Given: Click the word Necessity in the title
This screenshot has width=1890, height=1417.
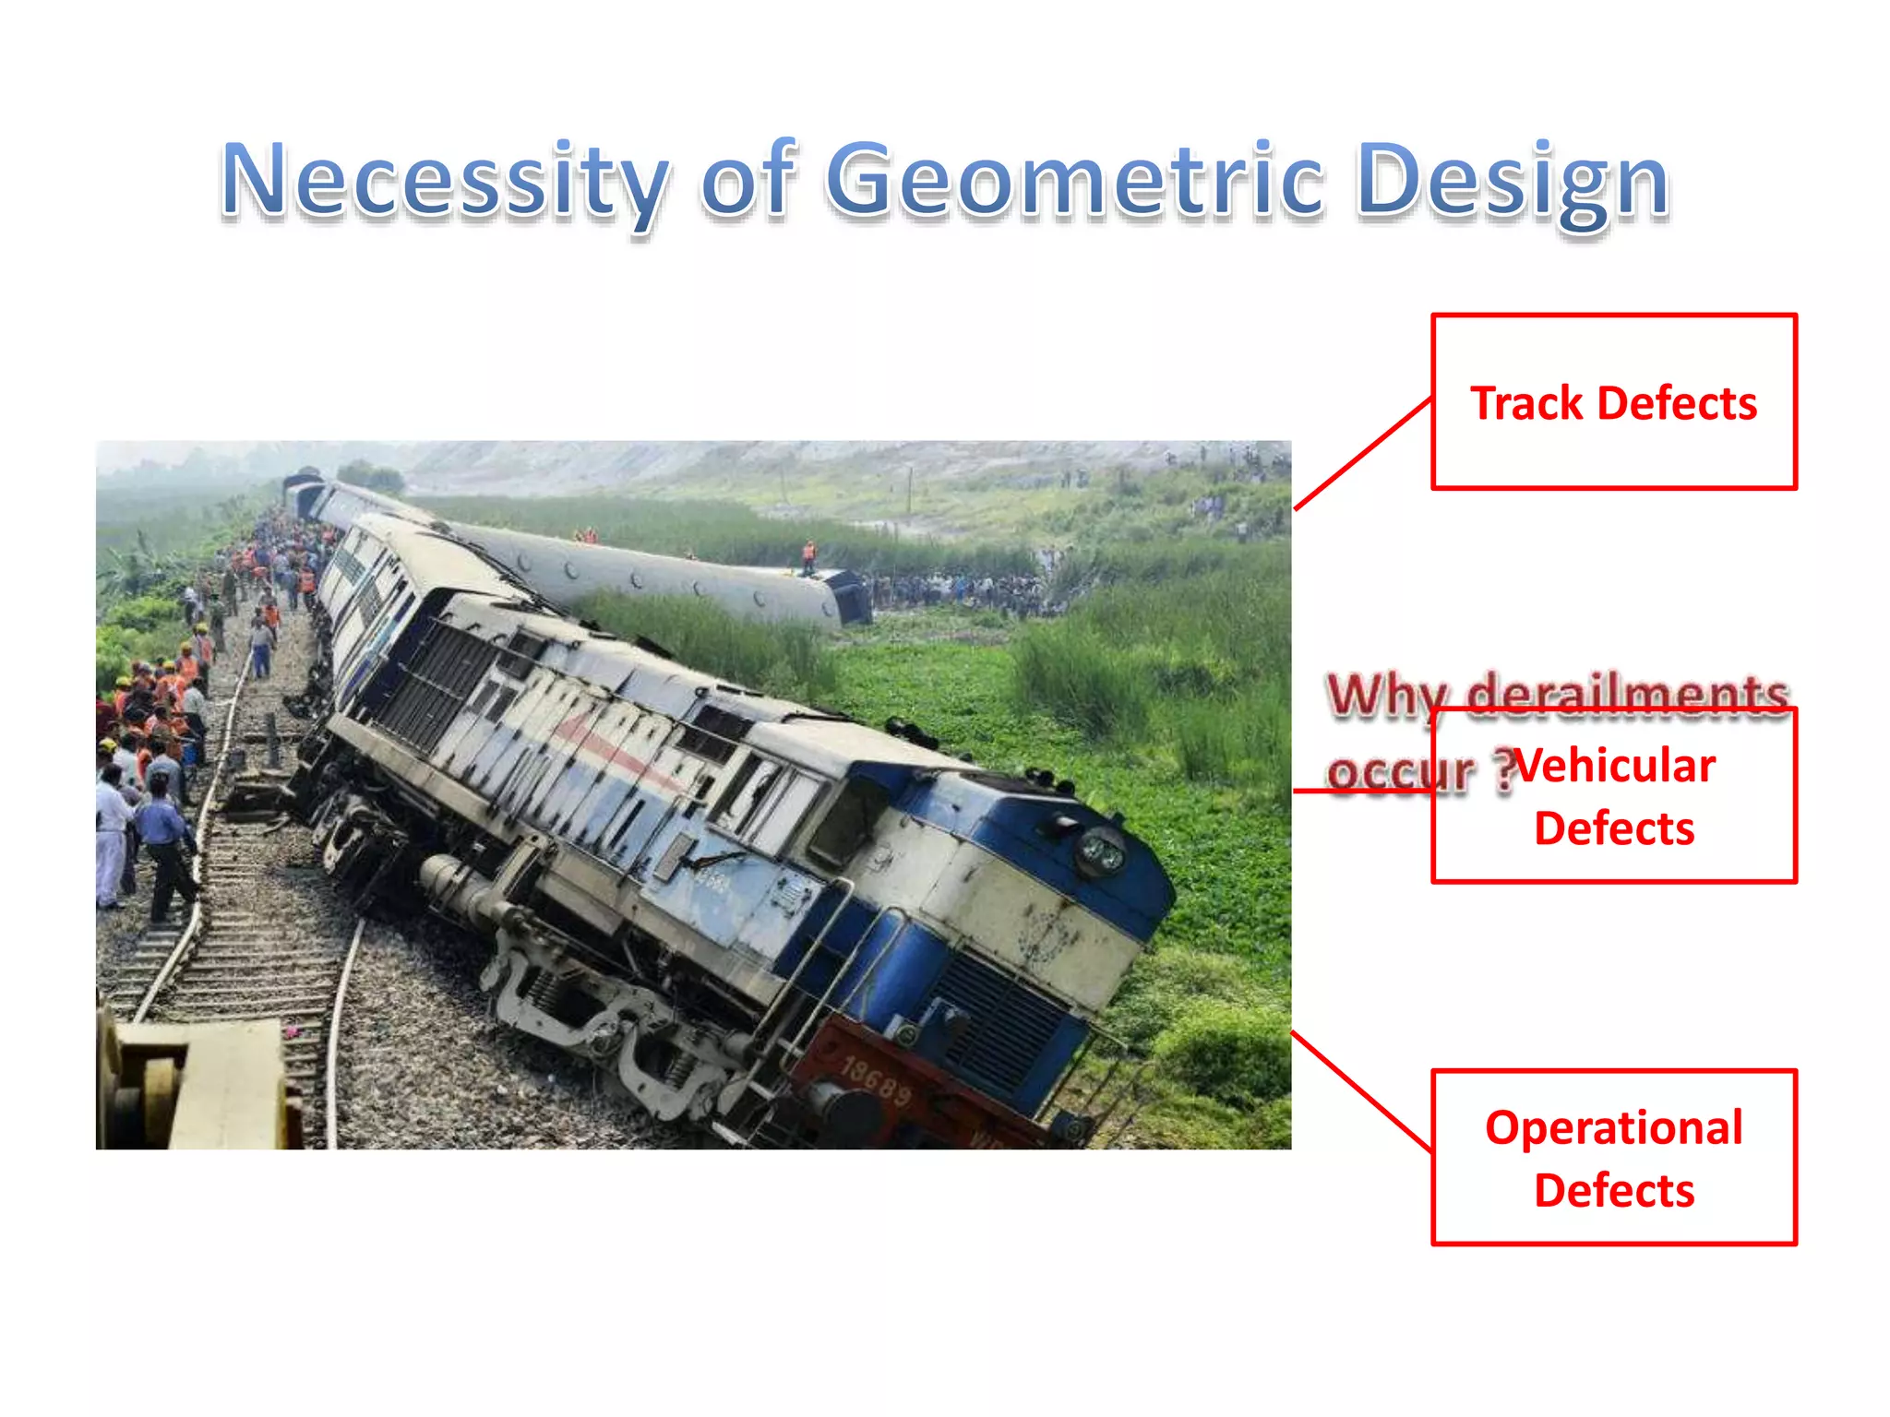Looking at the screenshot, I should click(444, 180).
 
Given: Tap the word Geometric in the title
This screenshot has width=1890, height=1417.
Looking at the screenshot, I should click(1074, 180).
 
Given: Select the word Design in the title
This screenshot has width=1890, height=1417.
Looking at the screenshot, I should click(1513, 180).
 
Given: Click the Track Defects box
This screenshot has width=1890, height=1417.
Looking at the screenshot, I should click(1613, 402).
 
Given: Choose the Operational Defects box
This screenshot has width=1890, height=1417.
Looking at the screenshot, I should click(1613, 1158).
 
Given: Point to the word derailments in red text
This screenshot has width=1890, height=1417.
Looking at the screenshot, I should click(1628, 694).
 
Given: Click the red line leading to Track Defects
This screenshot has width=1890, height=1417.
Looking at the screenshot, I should click(1363, 453).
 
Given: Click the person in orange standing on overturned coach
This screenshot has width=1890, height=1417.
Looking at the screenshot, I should click(808, 556).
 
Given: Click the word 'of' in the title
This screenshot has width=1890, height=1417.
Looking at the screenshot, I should click(748, 180).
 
